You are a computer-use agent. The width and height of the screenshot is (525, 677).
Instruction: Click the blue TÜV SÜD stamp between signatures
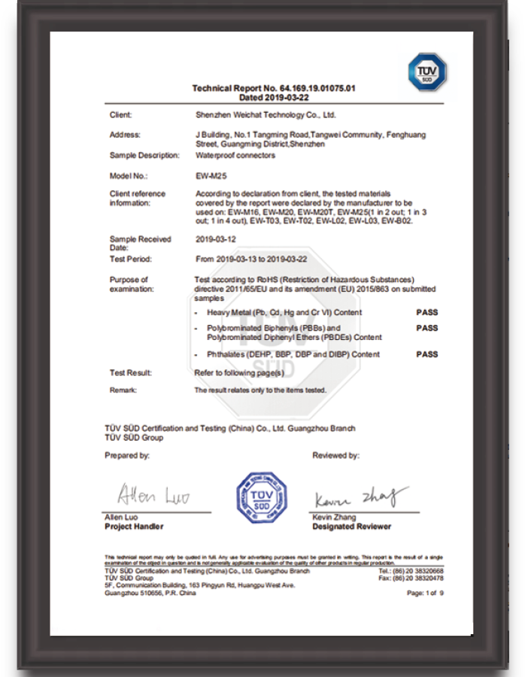262,499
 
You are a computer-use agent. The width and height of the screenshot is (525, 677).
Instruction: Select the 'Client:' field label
120,115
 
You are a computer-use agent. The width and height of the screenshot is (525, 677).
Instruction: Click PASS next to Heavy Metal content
426,312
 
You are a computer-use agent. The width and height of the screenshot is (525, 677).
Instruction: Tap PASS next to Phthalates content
426,354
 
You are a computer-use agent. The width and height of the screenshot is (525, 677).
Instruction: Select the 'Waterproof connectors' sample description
235,155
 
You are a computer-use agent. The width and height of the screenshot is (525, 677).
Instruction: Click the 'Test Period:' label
130,259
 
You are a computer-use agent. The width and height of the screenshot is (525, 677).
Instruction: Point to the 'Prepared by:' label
127,456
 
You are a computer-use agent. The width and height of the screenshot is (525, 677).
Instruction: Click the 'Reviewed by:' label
335,456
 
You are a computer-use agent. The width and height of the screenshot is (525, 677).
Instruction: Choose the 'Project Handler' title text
133,527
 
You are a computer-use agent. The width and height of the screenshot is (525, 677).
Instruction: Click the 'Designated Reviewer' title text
351,527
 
